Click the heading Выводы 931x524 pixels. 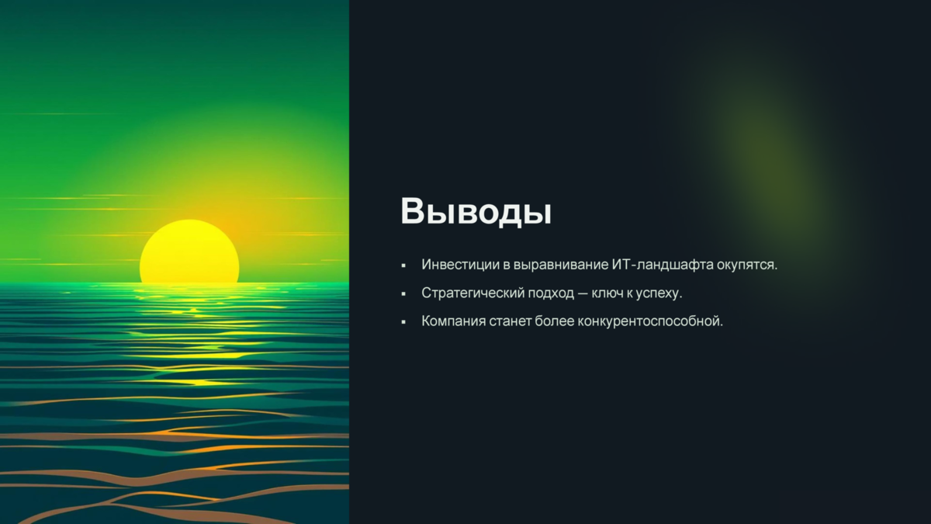[476, 211]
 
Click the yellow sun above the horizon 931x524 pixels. [189, 252]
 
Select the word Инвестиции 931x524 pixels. [461, 265]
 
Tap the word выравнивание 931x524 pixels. [561, 265]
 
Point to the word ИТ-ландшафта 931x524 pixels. [663, 265]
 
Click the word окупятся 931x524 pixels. [747, 265]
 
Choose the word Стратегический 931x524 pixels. [473, 293]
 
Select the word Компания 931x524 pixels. [453, 321]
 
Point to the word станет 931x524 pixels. [510, 321]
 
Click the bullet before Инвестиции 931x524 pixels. [403, 265]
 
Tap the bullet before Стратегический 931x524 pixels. [403, 294]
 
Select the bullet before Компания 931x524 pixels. [403, 322]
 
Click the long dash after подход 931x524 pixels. [583, 293]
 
